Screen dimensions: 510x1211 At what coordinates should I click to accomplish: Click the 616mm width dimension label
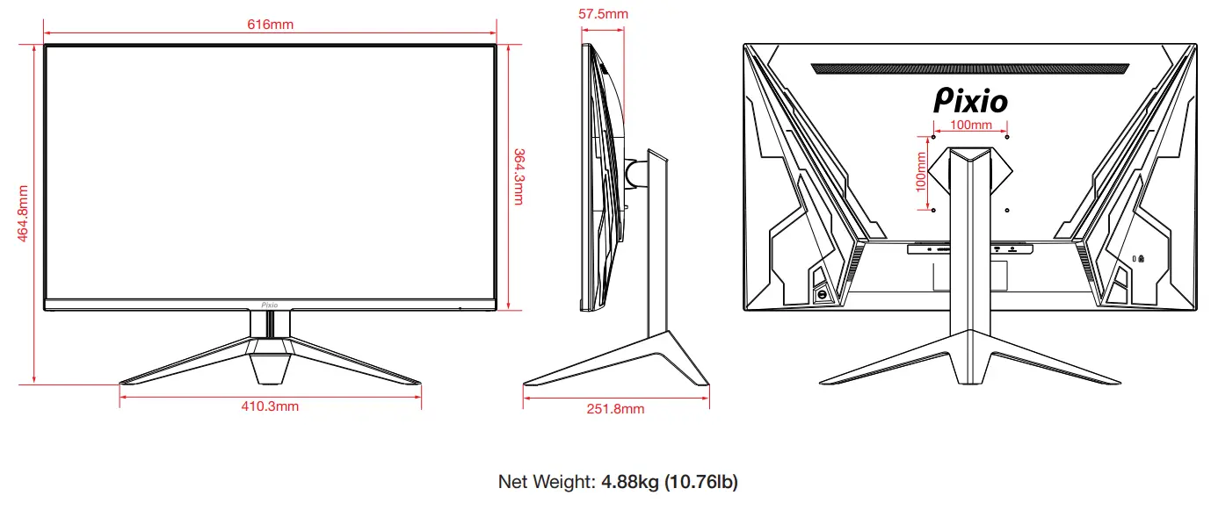pos(270,24)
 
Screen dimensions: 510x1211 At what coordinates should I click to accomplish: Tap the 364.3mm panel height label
pos(518,176)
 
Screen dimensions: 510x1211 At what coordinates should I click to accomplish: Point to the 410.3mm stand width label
pos(270,406)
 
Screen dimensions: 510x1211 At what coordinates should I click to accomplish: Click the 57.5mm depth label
pos(603,14)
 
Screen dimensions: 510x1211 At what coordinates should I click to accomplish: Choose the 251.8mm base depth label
pos(615,409)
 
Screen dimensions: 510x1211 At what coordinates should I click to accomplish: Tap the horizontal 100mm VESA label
pos(971,125)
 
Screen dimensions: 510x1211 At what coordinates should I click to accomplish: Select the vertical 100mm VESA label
pos(920,172)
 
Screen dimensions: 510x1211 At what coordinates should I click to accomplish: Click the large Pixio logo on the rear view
pos(970,100)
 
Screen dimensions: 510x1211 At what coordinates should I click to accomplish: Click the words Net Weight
pos(545,482)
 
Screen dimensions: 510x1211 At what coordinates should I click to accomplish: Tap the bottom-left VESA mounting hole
pos(932,209)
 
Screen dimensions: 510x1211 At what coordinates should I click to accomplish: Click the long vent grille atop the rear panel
pos(969,68)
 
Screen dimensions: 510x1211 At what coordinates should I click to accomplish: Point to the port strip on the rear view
pos(970,249)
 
